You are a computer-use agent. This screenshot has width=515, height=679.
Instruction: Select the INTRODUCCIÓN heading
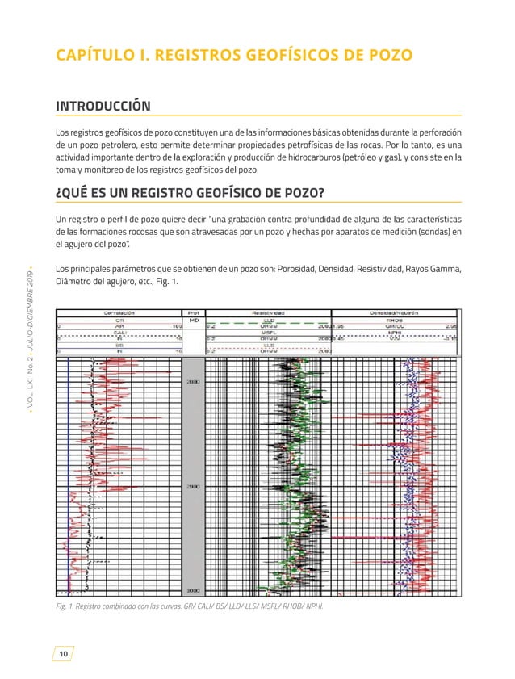tap(103, 106)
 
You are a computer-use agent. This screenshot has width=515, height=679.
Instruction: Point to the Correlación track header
tap(119, 311)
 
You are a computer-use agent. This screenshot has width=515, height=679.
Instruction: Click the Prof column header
tap(194, 311)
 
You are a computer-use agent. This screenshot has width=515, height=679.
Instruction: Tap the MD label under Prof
tap(194, 320)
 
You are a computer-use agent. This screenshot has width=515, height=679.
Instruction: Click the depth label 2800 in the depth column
tap(194, 382)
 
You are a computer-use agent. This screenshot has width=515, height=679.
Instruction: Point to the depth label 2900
tap(194, 487)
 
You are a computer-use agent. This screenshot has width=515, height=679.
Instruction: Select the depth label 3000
tap(194, 591)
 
